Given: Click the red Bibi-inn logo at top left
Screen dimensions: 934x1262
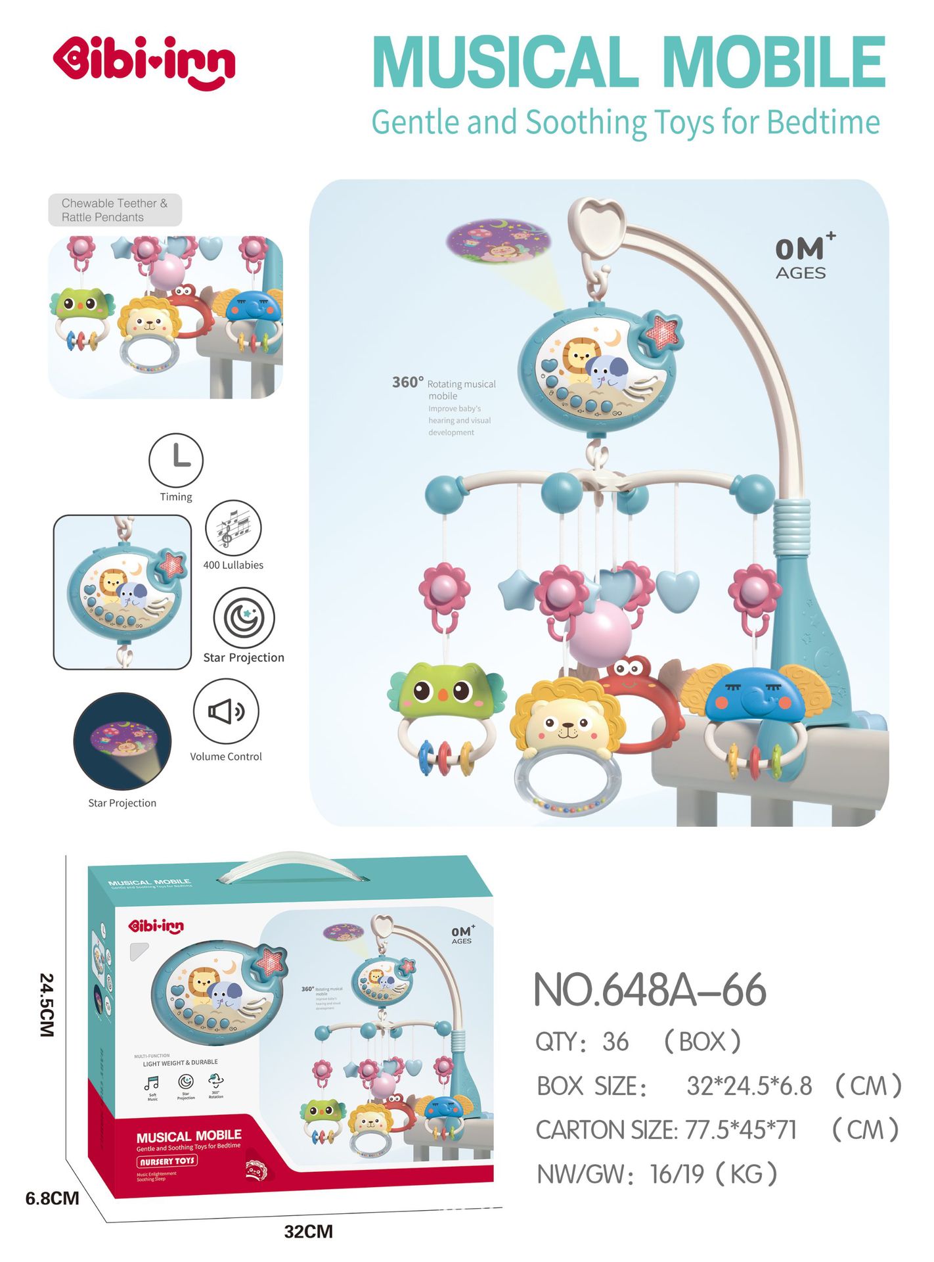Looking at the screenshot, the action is (x=144, y=62).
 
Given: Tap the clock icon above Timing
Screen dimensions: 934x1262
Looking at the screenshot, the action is (x=176, y=459).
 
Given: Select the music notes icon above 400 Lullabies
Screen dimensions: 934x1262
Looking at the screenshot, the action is (x=233, y=528).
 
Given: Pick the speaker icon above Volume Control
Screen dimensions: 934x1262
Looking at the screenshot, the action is (x=226, y=711).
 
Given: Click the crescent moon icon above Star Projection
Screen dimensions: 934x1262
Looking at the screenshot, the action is (x=244, y=618).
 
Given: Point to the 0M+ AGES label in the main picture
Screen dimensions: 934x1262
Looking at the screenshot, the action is (x=803, y=257).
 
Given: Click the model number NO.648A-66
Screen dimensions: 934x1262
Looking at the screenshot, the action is (x=650, y=990).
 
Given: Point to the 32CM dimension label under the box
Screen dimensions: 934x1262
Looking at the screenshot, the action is (x=308, y=1231).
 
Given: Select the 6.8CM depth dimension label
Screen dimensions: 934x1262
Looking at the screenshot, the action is (x=53, y=1198).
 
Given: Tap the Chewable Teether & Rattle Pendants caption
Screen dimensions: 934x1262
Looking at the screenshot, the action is (x=115, y=210).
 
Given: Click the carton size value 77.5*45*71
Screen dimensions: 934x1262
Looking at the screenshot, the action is (x=741, y=1130).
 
